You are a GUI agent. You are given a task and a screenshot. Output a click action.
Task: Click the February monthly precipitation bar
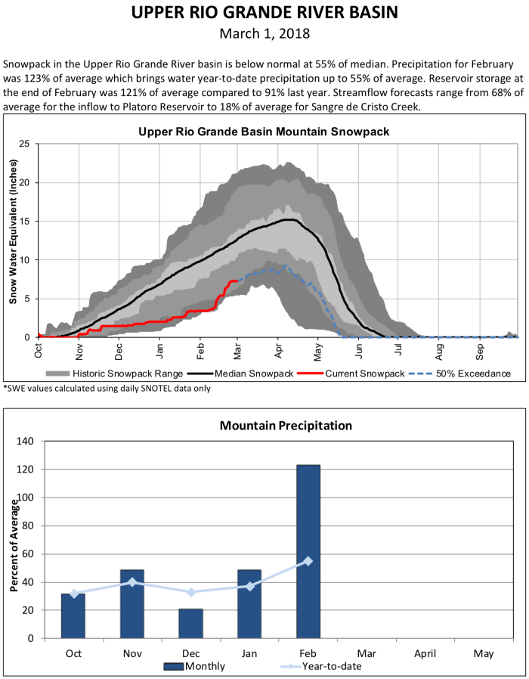[308, 552]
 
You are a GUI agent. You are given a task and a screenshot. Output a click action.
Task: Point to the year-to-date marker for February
[308, 561]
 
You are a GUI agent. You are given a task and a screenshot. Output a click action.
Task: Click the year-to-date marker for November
[132, 582]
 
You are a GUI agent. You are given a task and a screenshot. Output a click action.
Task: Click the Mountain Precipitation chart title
[286, 426]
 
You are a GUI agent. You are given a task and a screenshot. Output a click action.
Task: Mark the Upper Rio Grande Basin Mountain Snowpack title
[264, 132]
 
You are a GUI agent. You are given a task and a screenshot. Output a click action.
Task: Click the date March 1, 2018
[264, 34]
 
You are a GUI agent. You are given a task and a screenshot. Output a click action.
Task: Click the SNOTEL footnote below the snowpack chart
[106, 388]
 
